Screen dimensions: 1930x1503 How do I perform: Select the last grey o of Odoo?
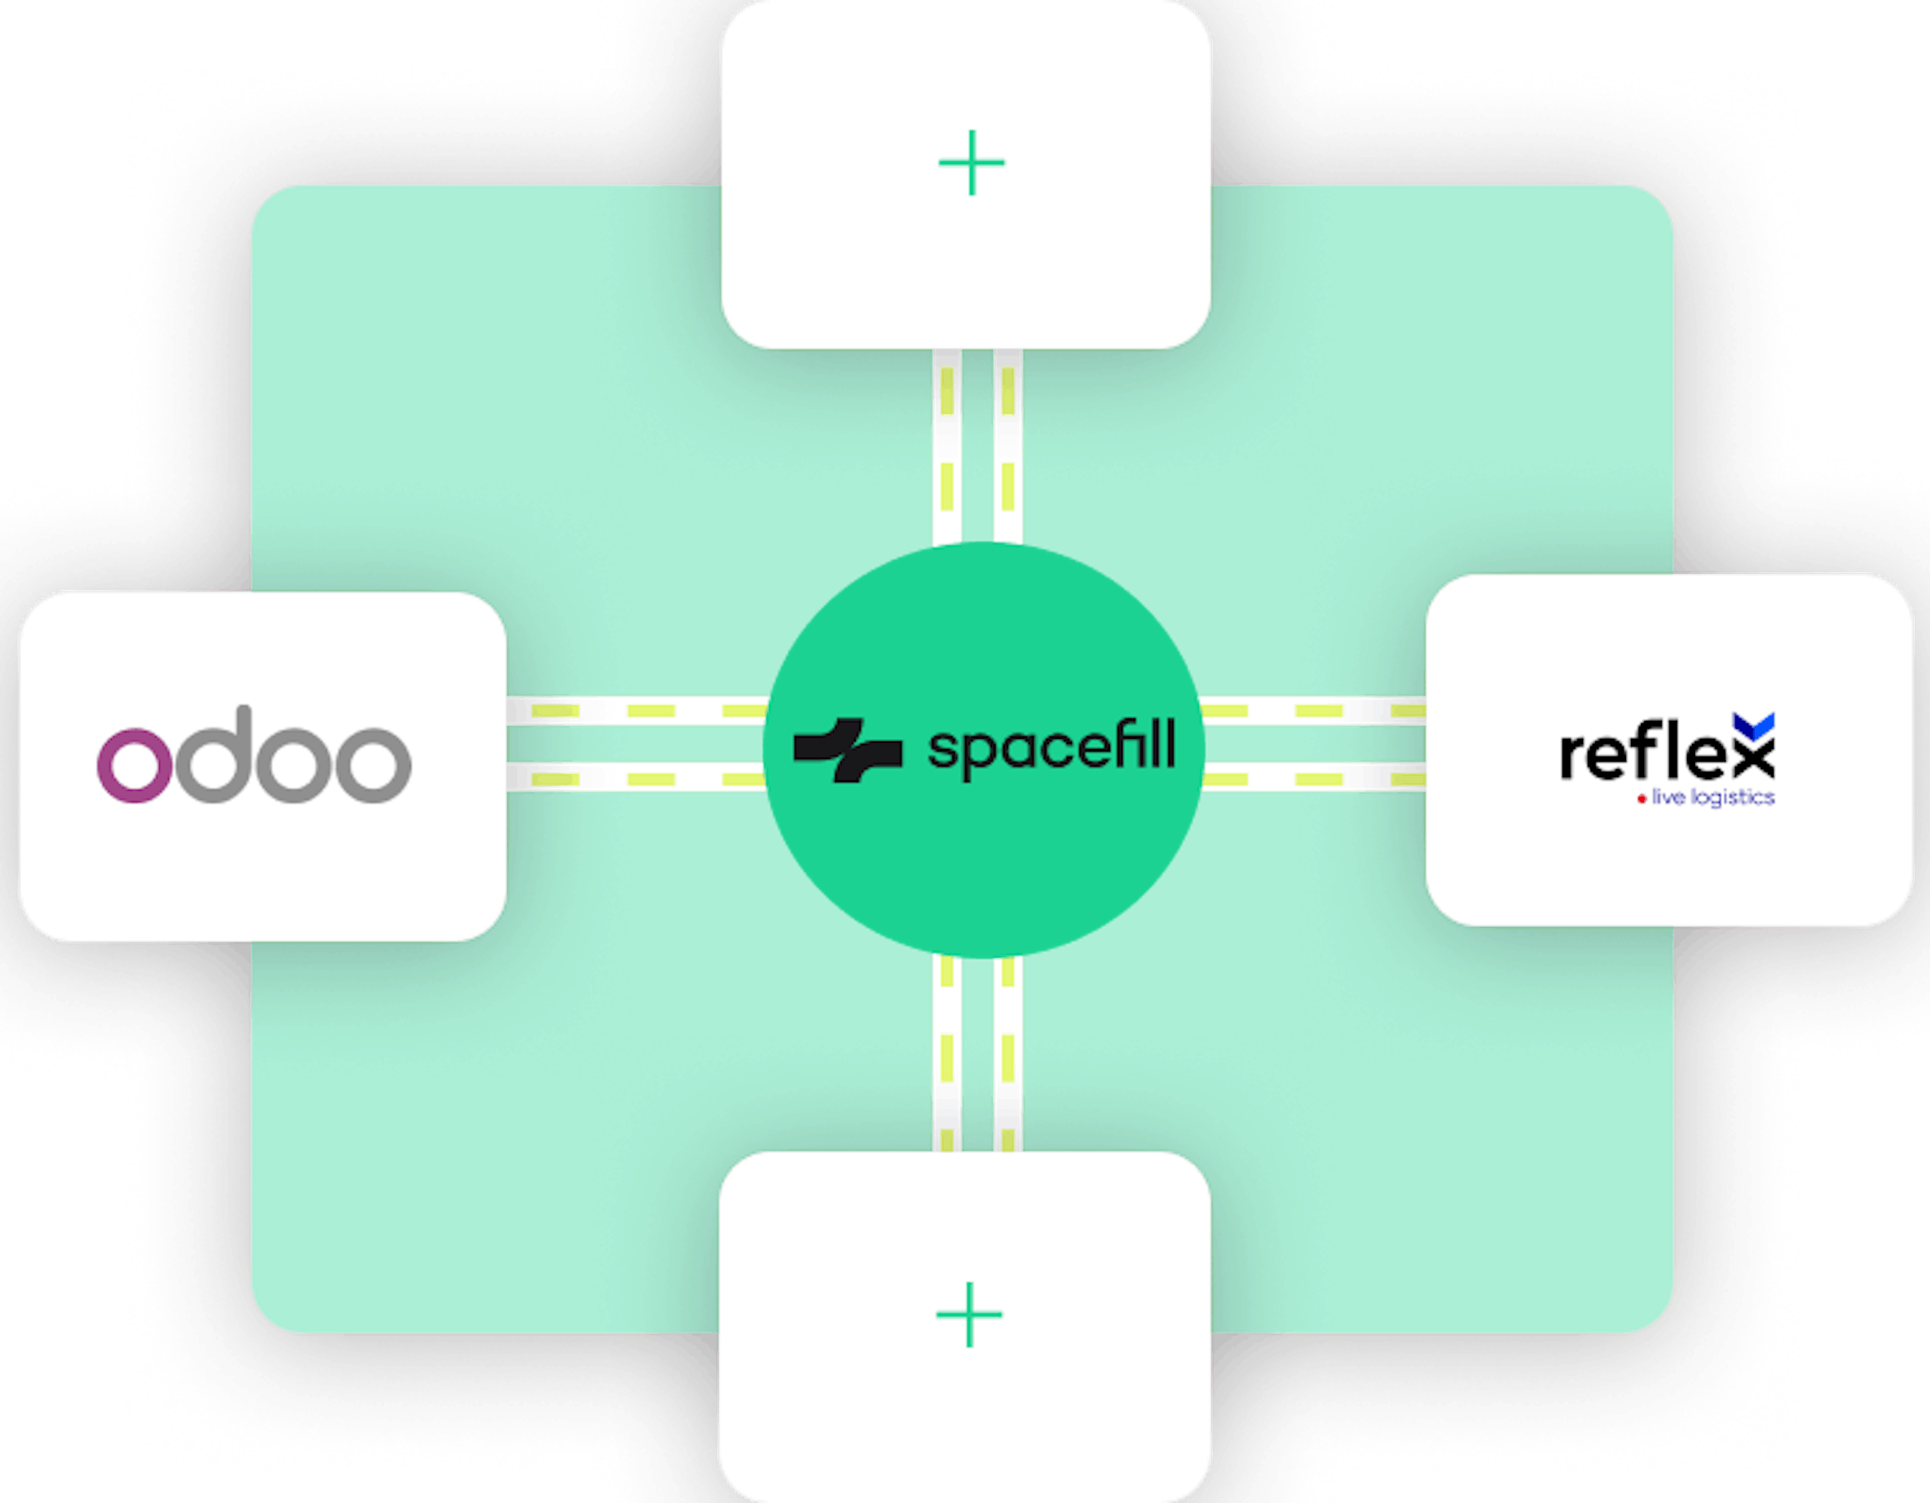point(374,765)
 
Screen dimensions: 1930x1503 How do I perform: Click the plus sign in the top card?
point(971,163)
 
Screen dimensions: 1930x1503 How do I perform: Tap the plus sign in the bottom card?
point(969,1314)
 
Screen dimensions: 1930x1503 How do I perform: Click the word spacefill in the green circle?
point(1052,749)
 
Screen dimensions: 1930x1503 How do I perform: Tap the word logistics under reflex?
point(1733,798)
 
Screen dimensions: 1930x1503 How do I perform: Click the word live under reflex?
point(1669,797)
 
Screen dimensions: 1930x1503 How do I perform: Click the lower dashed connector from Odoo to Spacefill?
point(637,779)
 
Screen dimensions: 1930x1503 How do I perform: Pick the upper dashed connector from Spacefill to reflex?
point(1314,711)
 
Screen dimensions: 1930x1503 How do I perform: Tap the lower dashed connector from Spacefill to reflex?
point(1314,779)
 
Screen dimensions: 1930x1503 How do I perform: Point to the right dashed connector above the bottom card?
point(1008,1054)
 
